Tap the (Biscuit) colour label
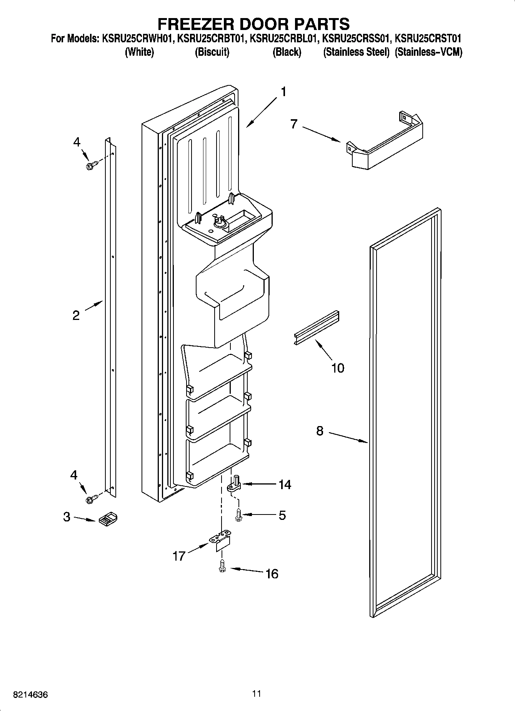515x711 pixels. [x=212, y=52]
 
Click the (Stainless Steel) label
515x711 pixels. [x=356, y=52]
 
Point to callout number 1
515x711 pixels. [x=283, y=92]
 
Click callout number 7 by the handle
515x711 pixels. [x=294, y=124]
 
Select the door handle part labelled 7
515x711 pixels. [x=385, y=142]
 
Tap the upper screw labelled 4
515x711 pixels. [x=91, y=166]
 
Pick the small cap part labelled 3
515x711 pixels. [x=108, y=519]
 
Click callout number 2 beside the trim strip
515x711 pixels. [x=76, y=316]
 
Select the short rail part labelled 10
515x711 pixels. [x=315, y=327]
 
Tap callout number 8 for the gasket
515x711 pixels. [x=320, y=431]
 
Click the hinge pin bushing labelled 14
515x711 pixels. [x=234, y=485]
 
